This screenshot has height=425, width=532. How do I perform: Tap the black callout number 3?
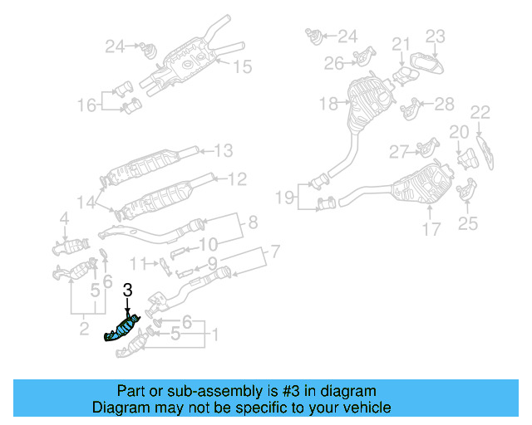tap(127, 291)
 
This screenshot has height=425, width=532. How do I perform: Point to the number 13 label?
tap(224, 151)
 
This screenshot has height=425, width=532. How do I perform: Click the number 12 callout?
tap(237, 178)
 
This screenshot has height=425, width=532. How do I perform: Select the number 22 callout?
tap(480, 112)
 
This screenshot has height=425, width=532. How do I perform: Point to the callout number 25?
tap(468, 222)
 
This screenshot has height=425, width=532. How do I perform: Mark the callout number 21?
tap(401, 44)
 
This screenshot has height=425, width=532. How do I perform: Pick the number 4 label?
tap(63, 219)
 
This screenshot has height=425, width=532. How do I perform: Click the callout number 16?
tap(87, 105)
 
